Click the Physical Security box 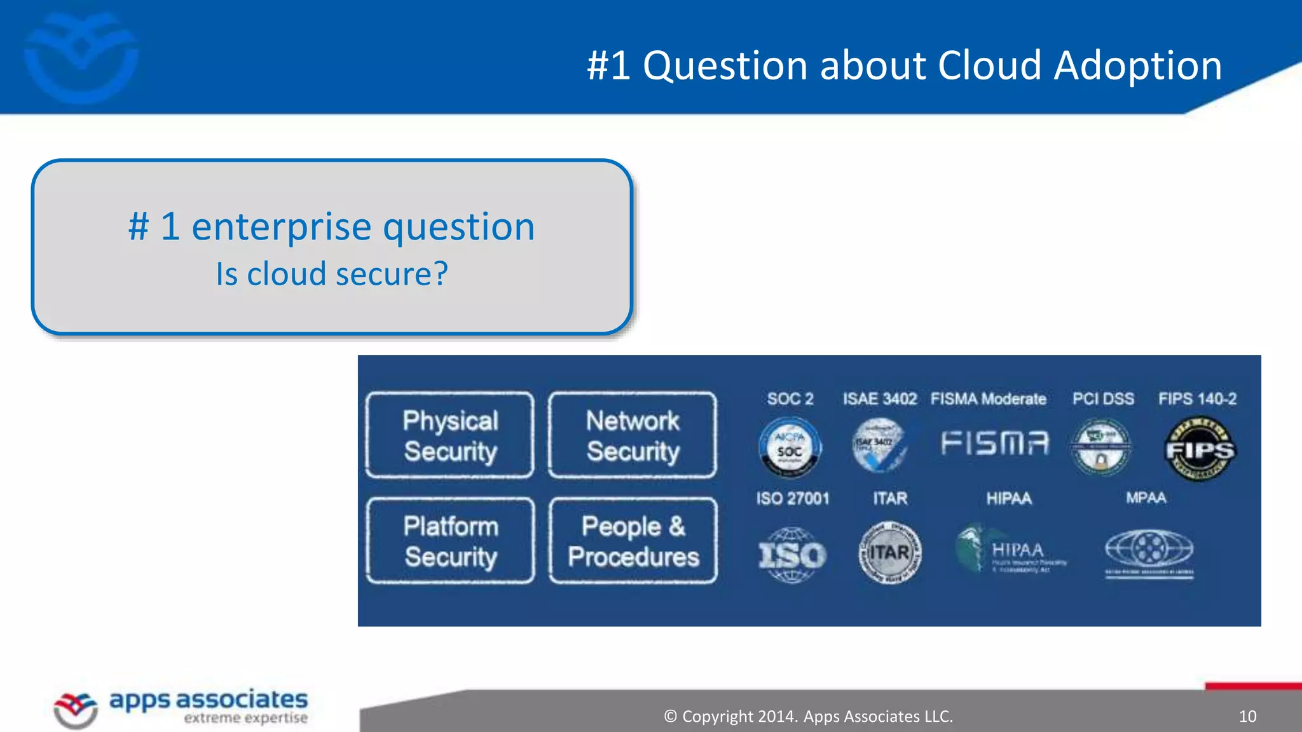450,435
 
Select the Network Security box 633,435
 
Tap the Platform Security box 450,541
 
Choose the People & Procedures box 633,541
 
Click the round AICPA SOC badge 790,447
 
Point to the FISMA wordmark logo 995,443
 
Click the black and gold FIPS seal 1200,449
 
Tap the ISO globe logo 791,555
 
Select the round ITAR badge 889,552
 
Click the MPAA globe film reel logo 1149,550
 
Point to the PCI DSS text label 1103,399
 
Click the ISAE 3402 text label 880,399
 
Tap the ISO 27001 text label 793,498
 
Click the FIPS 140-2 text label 1197,399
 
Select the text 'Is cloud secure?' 332,274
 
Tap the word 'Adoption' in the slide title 1137,65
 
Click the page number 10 1247,717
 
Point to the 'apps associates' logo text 209,700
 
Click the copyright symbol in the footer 670,717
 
